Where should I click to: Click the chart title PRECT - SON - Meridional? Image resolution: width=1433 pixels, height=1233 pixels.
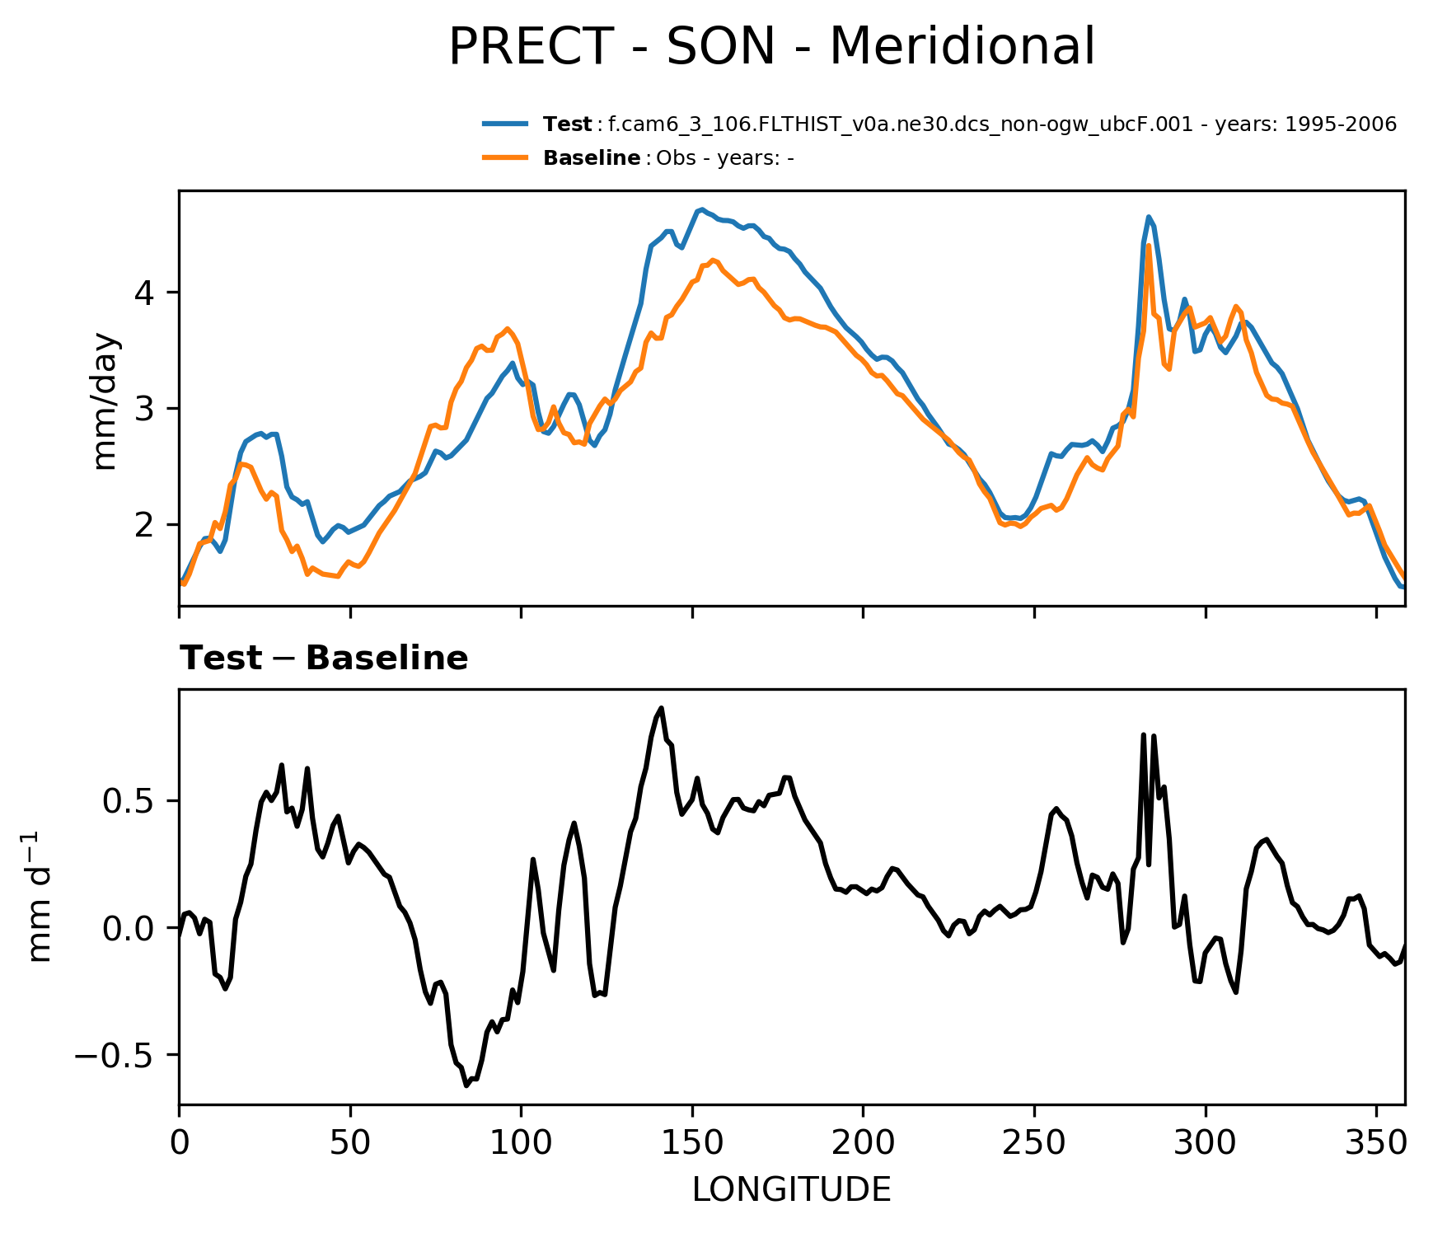click(771, 47)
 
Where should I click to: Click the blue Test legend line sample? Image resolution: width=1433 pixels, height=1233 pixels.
click(505, 124)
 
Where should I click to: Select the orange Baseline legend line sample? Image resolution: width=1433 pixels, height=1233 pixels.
click(505, 157)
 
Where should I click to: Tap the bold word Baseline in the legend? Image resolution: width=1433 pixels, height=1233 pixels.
click(592, 158)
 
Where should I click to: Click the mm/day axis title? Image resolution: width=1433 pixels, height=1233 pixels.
click(107, 401)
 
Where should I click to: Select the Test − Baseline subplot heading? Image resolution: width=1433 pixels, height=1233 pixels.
click(324, 659)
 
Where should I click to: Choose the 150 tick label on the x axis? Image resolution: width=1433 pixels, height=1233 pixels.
click(692, 1144)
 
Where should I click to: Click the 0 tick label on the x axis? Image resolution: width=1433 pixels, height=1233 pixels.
click(180, 1144)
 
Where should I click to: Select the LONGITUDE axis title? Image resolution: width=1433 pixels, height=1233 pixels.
click(791, 1190)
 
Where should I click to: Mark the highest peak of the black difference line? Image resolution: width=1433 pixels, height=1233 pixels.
click(661, 708)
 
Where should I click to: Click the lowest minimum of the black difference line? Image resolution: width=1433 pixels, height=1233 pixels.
click(466, 1085)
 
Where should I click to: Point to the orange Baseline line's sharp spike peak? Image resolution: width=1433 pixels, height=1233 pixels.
click(1148, 246)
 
